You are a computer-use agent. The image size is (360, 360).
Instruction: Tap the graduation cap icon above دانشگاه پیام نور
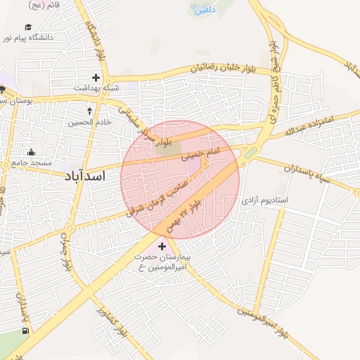coord(28,27)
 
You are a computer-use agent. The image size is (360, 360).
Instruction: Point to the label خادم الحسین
coord(89,122)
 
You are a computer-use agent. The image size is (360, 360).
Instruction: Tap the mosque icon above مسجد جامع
coord(31,152)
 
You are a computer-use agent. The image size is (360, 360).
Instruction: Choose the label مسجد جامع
coord(29,163)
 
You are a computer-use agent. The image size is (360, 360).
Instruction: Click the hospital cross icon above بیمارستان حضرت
coord(162,246)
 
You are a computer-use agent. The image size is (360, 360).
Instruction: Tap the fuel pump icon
coord(26,330)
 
